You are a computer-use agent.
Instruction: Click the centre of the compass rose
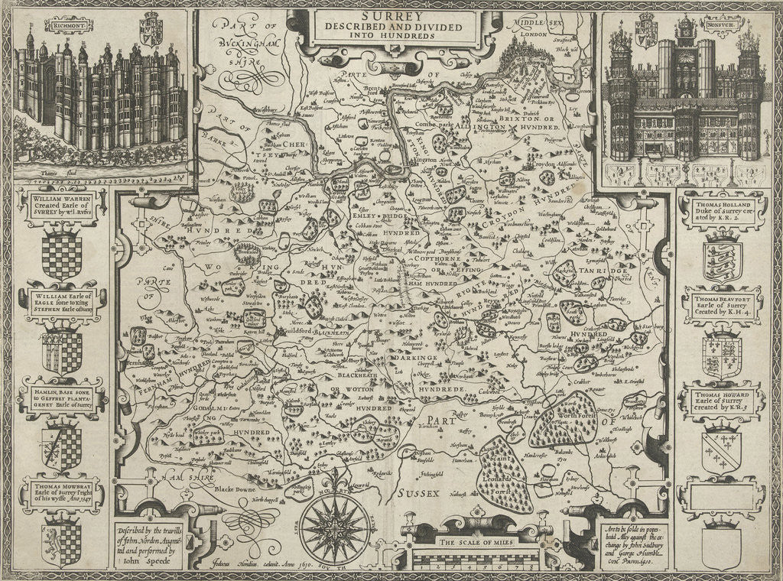[x=334, y=527]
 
